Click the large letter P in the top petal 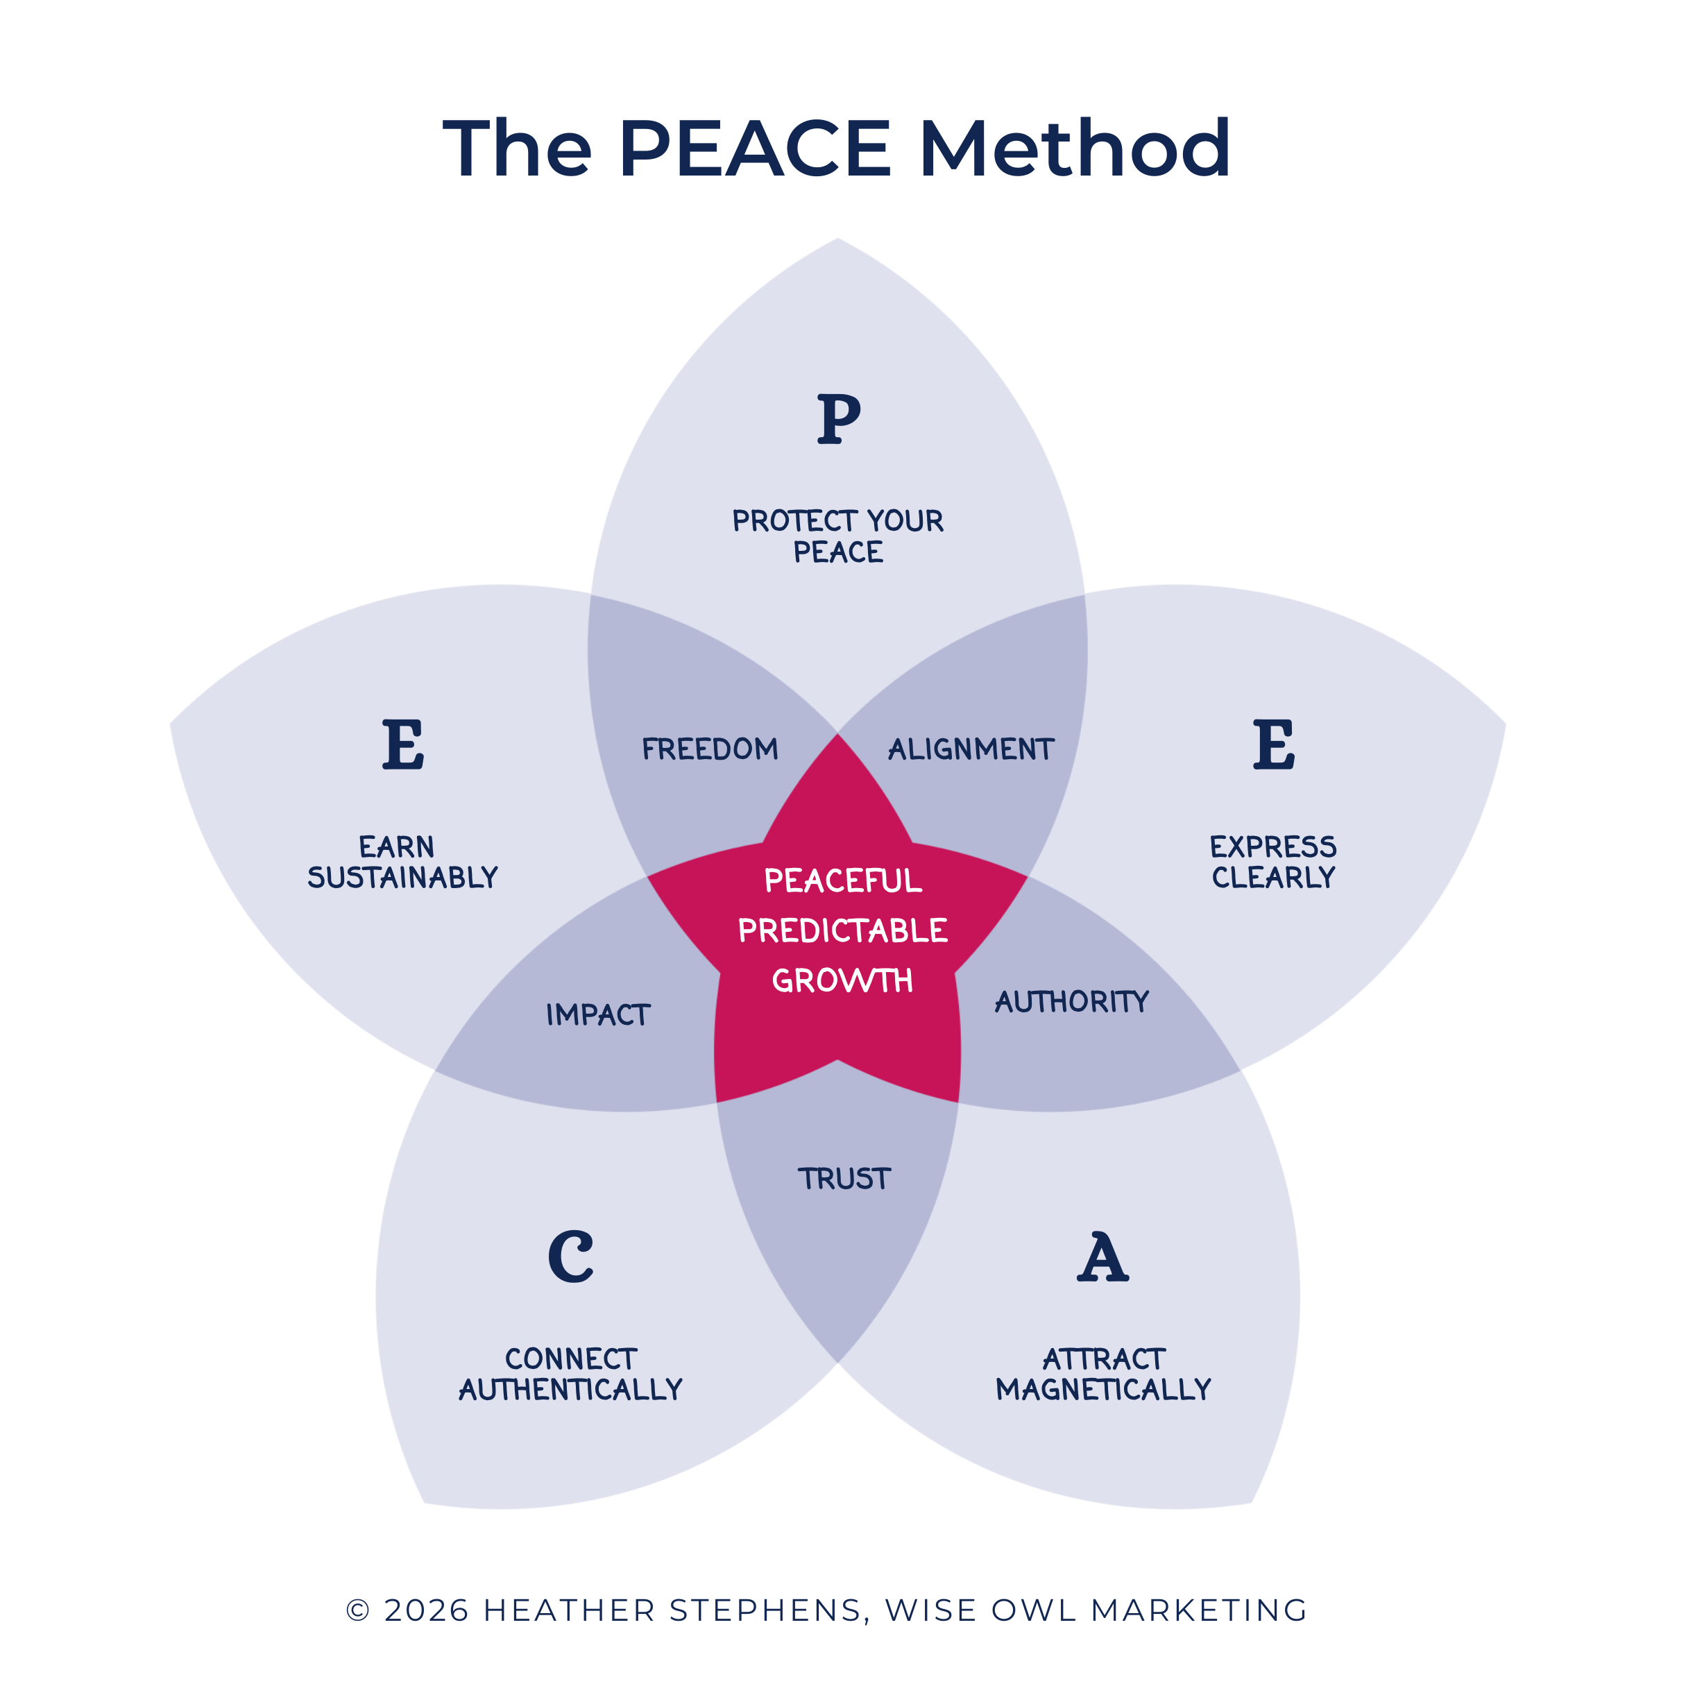coord(839,419)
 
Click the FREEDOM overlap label coord(710,749)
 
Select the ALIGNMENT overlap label coord(971,749)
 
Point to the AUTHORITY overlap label coord(1072,1001)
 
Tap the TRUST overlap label coord(844,1179)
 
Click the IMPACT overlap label coord(598,1014)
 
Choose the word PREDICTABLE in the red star coord(842,930)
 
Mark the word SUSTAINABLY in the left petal coord(402,877)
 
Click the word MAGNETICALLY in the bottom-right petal coord(1103,1389)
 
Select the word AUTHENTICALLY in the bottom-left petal coord(571,1389)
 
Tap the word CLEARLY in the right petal coord(1273,877)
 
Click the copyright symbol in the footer coord(358,1610)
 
